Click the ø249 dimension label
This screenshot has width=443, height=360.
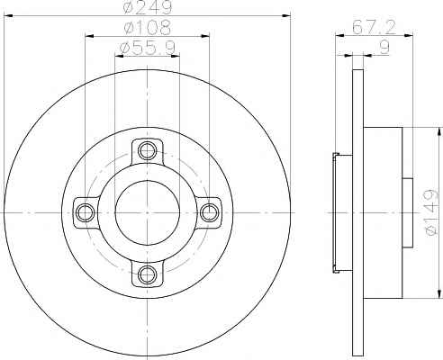coord(148,6)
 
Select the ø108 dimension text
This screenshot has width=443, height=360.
coord(148,28)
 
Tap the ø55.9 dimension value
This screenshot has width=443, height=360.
coord(148,48)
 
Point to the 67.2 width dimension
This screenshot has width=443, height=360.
coord(374,27)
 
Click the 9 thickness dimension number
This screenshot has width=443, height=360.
coord(384,48)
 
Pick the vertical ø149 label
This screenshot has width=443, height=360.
coord(431,212)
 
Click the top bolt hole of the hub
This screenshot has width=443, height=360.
coord(148,150)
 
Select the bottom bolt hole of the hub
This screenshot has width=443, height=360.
coord(148,274)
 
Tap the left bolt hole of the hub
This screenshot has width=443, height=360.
coord(86,212)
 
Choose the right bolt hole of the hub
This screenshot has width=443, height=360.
coord(209,212)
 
